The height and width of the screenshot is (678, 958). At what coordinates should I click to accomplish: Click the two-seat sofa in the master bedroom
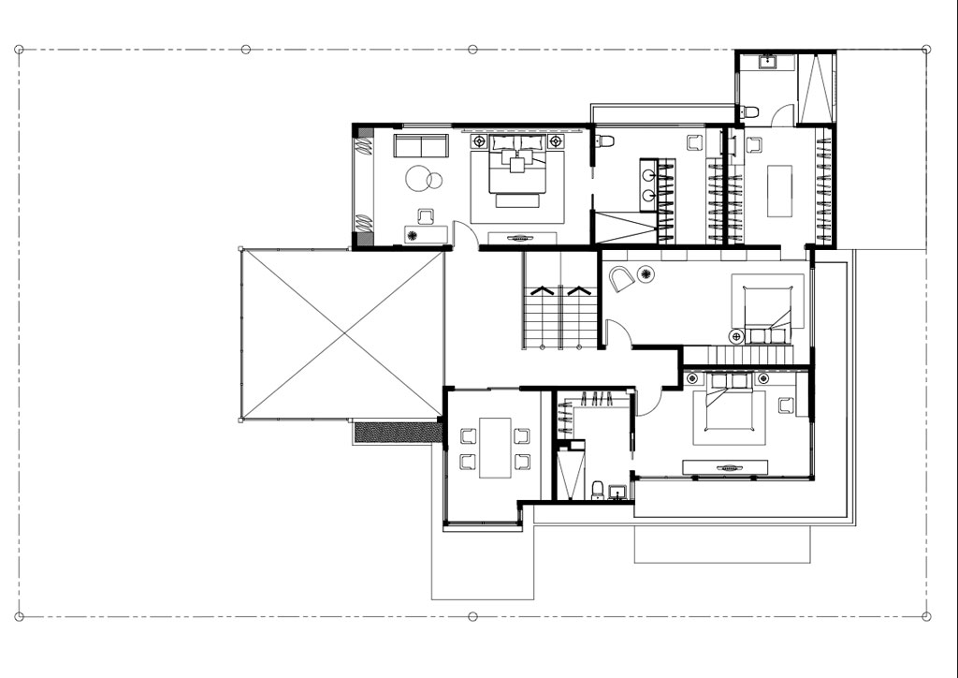tap(420, 146)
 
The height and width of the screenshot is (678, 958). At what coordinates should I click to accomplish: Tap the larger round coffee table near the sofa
tap(416, 177)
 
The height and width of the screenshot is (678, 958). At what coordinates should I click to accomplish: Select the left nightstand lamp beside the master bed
tap(480, 141)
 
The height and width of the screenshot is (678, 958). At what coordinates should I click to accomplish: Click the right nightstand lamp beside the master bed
tap(556, 141)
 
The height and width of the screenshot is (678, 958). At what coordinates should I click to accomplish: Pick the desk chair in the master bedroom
tap(426, 216)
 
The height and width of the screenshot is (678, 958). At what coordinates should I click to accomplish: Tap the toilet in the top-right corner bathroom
tap(748, 112)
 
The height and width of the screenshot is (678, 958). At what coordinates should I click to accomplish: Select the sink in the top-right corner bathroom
tap(766, 63)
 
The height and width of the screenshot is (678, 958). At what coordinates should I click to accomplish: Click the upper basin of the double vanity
tap(649, 174)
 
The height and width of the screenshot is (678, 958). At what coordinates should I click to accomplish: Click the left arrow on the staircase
tap(541, 290)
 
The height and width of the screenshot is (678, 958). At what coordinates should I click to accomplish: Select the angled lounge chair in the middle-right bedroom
tap(621, 279)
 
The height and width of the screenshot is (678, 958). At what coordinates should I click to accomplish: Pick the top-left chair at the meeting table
tap(468, 435)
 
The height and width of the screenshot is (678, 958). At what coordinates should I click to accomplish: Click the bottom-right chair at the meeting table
tap(521, 461)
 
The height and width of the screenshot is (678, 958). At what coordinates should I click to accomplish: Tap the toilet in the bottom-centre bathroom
tap(597, 490)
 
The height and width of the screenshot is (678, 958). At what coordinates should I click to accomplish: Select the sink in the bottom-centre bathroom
tap(617, 493)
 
